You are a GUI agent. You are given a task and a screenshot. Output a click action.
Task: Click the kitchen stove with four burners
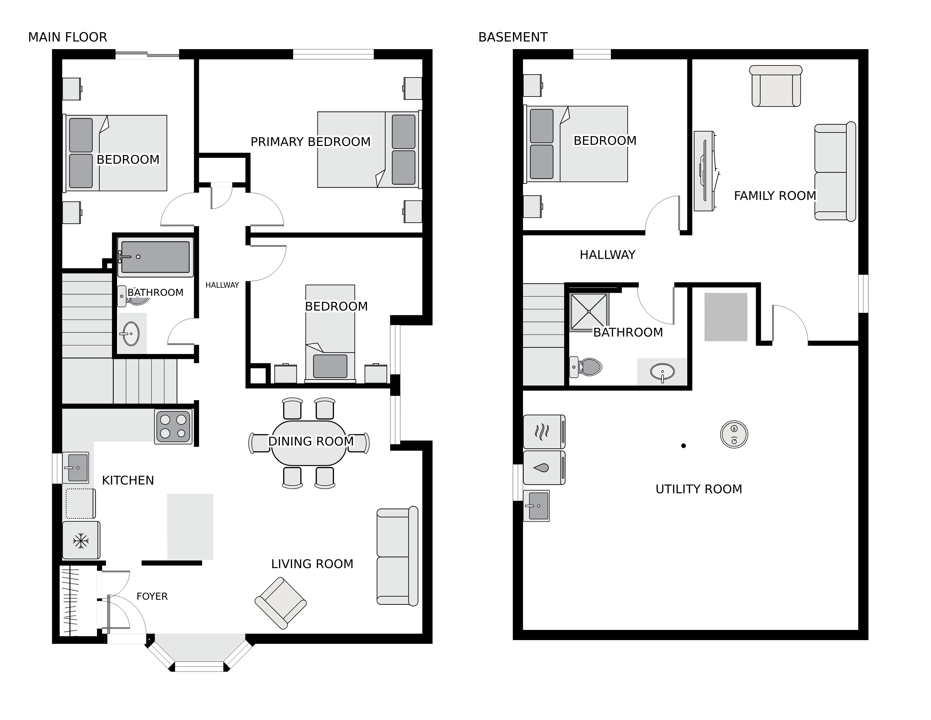click(x=173, y=427)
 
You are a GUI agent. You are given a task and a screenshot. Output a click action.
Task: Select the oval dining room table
click(x=309, y=443)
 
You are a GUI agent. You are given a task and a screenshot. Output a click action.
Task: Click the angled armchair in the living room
click(x=280, y=603)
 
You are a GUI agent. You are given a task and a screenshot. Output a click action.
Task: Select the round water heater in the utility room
click(x=734, y=435)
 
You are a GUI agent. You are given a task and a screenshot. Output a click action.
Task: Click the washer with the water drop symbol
click(x=544, y=468)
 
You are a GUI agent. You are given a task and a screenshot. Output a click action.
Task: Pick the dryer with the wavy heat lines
click(x=544, y=432)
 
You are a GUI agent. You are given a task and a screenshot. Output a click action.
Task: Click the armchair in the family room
click(x=776, y=86)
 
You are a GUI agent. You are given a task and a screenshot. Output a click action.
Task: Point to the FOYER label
click(x=152, y=596)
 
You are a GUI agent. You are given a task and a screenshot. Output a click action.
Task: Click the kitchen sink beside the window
click(x=76, y=468)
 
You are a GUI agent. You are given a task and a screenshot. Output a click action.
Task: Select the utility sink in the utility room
click(x=537, y=506)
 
